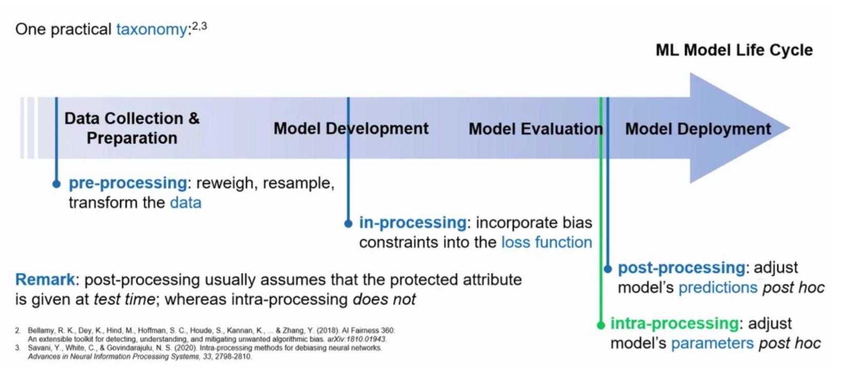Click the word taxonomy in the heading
point(151,29)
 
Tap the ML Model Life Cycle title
point(734,50)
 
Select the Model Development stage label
point(350,128)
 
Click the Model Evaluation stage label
point(535,129)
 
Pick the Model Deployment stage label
point(697,129)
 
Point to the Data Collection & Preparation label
point(131,128)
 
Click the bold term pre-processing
point(128,183)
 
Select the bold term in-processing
point(412,223)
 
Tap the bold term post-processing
point(681,268)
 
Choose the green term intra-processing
point(674,324)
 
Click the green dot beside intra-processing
point(601,325)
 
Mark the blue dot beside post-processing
point(608,269)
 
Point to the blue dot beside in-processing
point(348,224)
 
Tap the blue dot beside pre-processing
point(56,184)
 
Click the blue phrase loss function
point(546,242)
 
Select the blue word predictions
point(717,288)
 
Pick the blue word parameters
point(712,343)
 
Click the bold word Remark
point(45,280)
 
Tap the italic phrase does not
point(384,299)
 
